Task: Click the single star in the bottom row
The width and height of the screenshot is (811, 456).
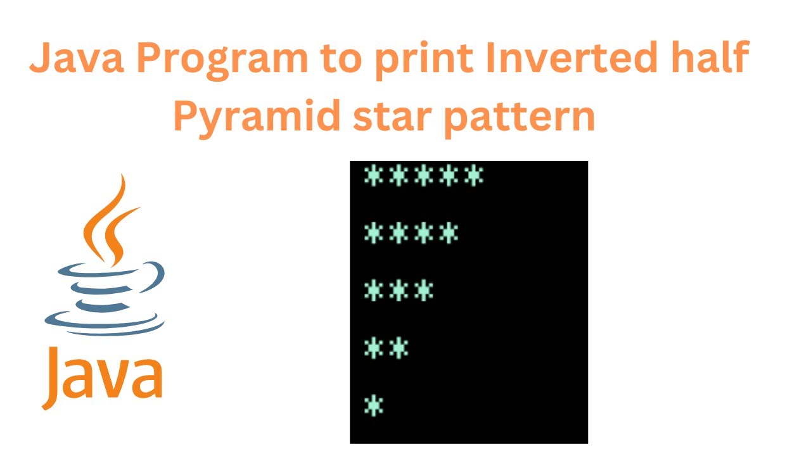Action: click(x=374, y=405)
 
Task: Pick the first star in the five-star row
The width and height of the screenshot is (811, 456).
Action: click(x=374, y=176)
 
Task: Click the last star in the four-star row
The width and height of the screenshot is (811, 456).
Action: click(x=449, y=233)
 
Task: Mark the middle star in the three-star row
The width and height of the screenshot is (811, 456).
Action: click(x=399, y=291)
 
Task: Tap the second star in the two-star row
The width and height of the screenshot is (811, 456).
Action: click(x=399, y=348)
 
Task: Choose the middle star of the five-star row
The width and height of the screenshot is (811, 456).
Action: click(x=424, y=176)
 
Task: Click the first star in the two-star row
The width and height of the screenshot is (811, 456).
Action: click(x=374, y=348)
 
